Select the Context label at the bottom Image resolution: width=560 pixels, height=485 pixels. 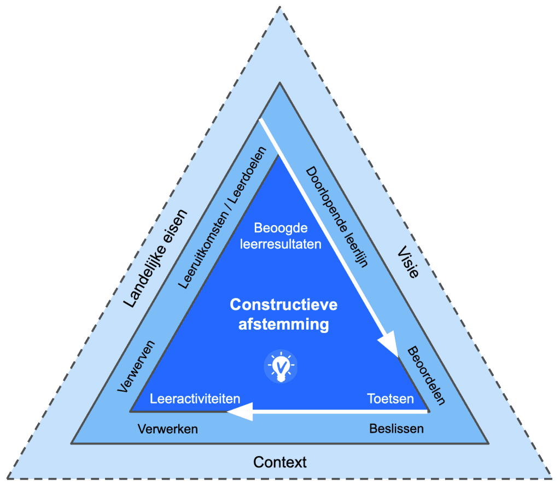click(280, 462)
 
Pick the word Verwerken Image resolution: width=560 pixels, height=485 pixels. click(167, 429)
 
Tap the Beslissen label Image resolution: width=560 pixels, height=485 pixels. click(396, 428)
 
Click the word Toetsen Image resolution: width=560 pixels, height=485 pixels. click(390, 399)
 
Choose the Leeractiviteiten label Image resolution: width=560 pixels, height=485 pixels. click(195, 399)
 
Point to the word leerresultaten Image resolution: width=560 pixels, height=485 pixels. click(281, 244)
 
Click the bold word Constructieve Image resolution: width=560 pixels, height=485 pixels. click(283, 304)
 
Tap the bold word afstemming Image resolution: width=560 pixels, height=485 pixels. click(283, 324)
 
